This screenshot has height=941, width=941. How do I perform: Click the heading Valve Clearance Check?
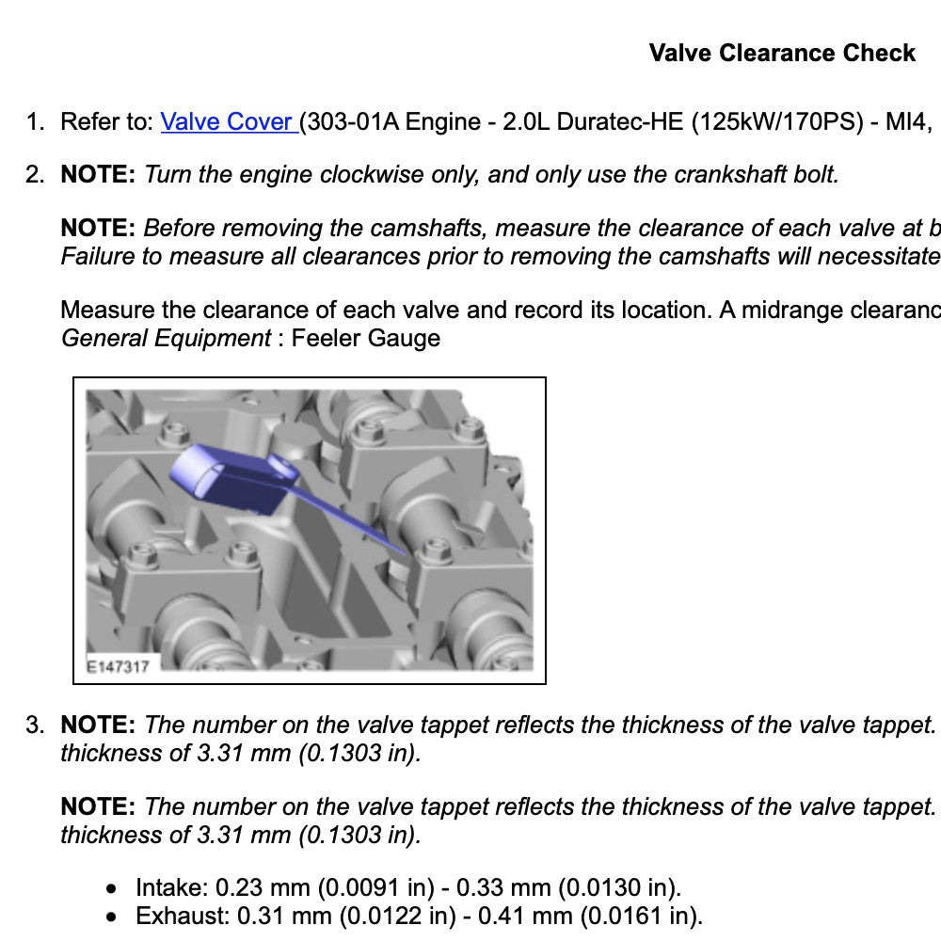pos(782,53)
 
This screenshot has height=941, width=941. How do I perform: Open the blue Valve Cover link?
pos(228,121)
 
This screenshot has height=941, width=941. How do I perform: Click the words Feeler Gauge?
pos(365,338)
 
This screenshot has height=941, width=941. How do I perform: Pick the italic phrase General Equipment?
pos(166,338)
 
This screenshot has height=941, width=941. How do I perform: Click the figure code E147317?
pos(117,666)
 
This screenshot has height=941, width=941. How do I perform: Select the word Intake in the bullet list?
pos(169,887)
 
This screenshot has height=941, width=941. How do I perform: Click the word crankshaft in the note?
pos(715,174)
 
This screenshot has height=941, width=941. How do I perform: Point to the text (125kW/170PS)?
pos(775,121)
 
